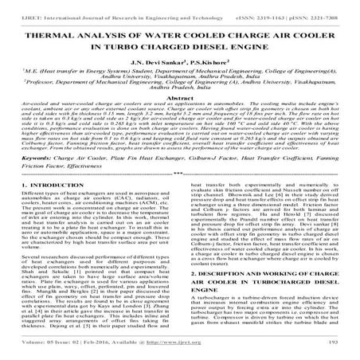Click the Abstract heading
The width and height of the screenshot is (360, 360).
point(180,119)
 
